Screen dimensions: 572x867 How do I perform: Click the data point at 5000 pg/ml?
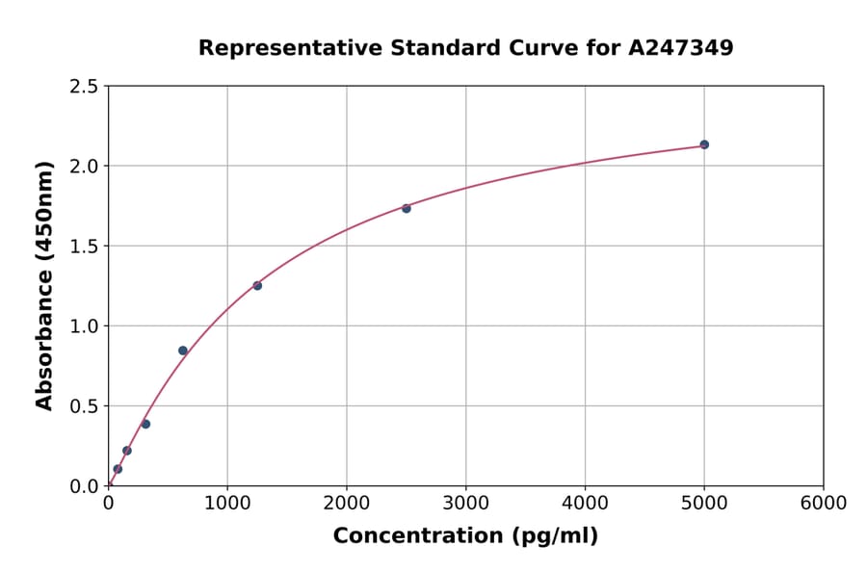point(704,144)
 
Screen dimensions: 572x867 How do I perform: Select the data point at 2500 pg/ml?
point(407,208)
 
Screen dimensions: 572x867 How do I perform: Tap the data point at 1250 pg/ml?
point(257,285)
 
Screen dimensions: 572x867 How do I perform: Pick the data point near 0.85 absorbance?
point(183,351)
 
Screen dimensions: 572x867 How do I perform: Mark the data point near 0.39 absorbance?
point(145,424)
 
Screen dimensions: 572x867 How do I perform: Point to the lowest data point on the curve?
point(118,469)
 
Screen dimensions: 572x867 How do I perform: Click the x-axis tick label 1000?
point(227,504)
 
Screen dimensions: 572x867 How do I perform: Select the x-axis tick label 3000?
point(466,504)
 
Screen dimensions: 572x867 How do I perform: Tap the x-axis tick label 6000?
point(824,504)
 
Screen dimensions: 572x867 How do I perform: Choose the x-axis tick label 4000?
point(585,504)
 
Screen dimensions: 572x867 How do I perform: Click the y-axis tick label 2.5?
point(84,87)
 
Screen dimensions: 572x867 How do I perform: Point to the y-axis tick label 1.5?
point(84,247)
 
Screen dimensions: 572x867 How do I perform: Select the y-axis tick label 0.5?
point(84,406)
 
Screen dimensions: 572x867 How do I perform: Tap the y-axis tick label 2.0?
point(84,167)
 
